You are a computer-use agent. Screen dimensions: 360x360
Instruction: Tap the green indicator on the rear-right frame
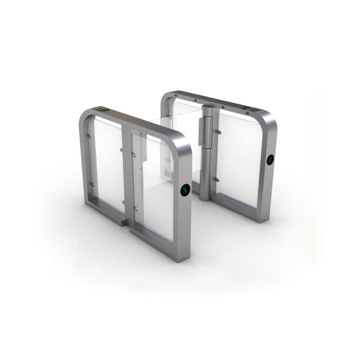[x=271, y=160]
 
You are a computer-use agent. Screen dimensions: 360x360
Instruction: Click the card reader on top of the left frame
[x=103, y=110]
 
